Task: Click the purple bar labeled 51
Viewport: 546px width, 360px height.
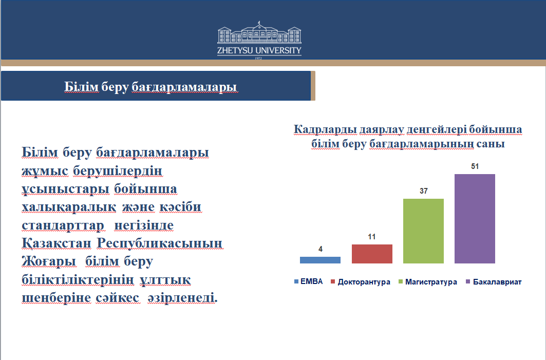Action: click(x=475, y=219)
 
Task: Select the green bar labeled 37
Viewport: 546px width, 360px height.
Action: click(x=423, y=231)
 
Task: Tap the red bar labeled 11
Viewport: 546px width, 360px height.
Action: click(x=372, y=254)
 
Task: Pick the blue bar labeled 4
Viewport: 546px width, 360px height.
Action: click(x=320, y=260)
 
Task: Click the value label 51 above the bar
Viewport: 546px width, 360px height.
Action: click(x=475, y=166)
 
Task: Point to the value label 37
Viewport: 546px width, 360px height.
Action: click(x=423, y=191)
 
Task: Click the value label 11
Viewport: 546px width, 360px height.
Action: click(x=372, y=237)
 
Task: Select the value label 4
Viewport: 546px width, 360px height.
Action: click(x=321, y=249)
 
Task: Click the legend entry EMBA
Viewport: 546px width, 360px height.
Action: click(x=309, y=281)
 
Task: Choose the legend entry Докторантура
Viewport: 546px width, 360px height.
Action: click(x=361, y=282)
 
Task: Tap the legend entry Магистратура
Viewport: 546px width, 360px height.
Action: click(x=428, y=282)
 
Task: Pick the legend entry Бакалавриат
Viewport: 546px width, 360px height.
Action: click(x=494, y=282)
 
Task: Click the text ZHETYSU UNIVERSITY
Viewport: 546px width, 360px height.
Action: click(x=259, y=50)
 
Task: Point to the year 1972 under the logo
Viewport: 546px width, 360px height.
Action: click(x=258, y=58)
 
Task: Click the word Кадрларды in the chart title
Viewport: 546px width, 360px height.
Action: click(x=325, y=129)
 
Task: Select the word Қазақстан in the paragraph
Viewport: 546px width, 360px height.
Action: click(x=57, y=243)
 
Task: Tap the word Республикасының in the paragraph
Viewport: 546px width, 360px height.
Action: click(x=159, y=243)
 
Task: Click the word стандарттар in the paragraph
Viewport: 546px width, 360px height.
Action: click(x=63, y=225)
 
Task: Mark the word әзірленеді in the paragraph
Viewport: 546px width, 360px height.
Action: click(x=182, y=298)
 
